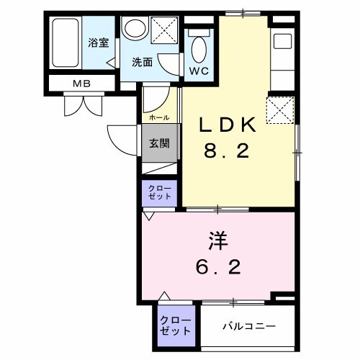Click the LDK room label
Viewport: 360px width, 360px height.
coord(227,125)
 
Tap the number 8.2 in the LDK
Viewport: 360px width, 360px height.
coord(227,152)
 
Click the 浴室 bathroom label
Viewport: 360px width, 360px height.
coord(98,43)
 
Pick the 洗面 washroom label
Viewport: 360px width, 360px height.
coord(142,62)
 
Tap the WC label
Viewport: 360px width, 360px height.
coord(198,71)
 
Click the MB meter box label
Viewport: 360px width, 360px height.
coord(80,84)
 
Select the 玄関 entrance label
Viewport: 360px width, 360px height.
coord(159,143)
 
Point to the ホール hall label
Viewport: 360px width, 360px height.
coord(159,117)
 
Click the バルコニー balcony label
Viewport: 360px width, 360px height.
coord(248,326)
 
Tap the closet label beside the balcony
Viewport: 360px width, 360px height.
coord(176,325)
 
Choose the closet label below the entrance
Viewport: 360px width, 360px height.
coord(161,192)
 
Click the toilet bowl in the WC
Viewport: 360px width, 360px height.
coord(199,48)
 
